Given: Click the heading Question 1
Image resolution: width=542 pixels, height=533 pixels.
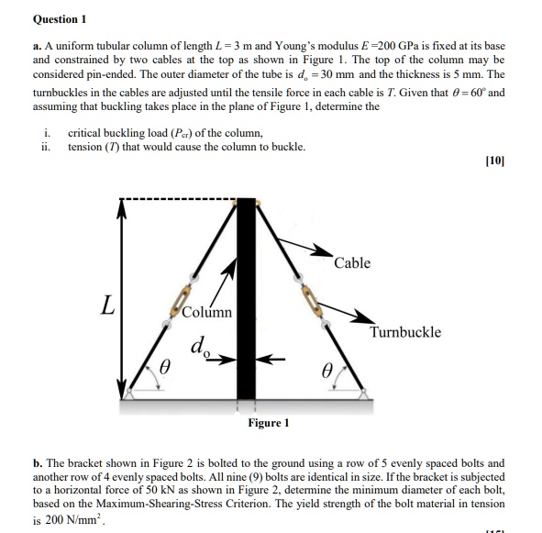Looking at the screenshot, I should click(60, 17).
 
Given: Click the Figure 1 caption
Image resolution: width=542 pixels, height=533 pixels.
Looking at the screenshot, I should click(268, 422).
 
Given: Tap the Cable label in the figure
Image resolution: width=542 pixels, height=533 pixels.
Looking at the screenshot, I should click(352, 263).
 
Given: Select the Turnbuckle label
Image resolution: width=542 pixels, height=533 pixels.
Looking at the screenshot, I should click(404, 332).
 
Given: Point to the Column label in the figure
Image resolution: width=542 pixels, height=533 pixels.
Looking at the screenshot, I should click(206, 312).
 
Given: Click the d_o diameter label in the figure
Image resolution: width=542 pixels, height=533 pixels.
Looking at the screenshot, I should click(198, 348).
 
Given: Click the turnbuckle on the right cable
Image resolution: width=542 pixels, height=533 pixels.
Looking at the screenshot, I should click(309, 295).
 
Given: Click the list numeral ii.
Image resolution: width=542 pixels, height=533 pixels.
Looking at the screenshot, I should click(46, 146).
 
